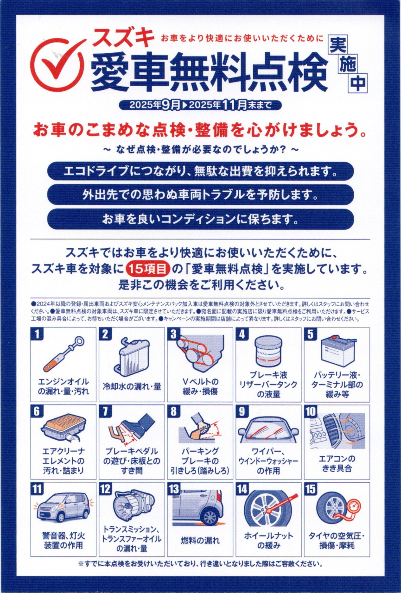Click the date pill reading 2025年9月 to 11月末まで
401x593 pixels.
pos(200,105)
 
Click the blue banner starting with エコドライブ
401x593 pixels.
pos(200,171)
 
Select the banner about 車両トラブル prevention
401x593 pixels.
pos(200,195)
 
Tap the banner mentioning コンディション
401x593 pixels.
pos(200,219)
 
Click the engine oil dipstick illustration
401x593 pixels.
pos(64,353)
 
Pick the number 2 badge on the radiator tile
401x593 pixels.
pos(105,334)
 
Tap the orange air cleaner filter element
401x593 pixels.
pos(64,425)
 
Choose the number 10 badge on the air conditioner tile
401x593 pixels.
pos(311,411)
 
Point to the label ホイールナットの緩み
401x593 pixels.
pos(268,541)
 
